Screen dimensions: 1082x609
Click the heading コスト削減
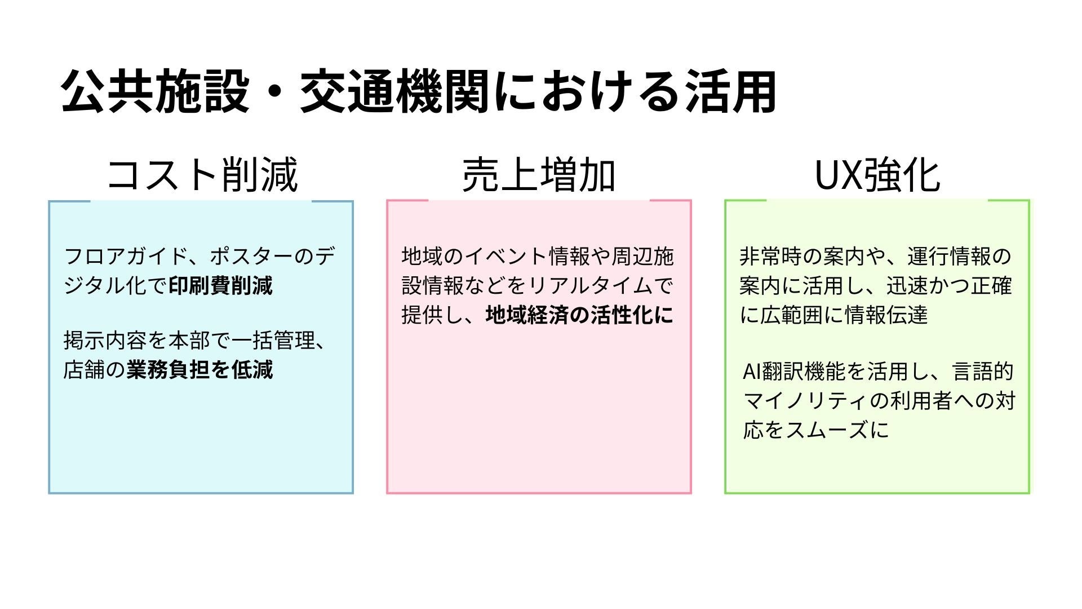click(202, 175)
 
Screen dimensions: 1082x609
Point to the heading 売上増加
click(538, 175)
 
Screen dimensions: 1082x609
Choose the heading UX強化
click(877, 175)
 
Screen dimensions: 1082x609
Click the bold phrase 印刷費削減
click(221, 285)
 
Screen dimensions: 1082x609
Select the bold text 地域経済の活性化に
click(580, 315)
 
